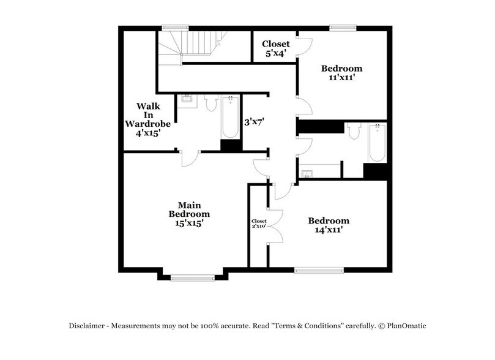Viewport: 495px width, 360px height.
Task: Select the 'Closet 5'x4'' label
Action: tap(276, 48)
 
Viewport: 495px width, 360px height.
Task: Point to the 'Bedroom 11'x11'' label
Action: tap(342, 73)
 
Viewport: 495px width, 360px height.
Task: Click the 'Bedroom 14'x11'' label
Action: tap(329, 225)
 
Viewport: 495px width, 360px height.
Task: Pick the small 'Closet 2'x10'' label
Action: tap(259, 223)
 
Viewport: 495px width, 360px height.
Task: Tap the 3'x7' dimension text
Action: tap(254, 122)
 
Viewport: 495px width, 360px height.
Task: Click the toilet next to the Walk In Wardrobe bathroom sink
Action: tap(211, 103)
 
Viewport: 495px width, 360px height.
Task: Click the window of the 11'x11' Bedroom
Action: tap(343, 27)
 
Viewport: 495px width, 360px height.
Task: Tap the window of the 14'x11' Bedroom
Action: tap(319, 269)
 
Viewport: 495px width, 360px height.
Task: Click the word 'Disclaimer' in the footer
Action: tap(87, 326)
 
